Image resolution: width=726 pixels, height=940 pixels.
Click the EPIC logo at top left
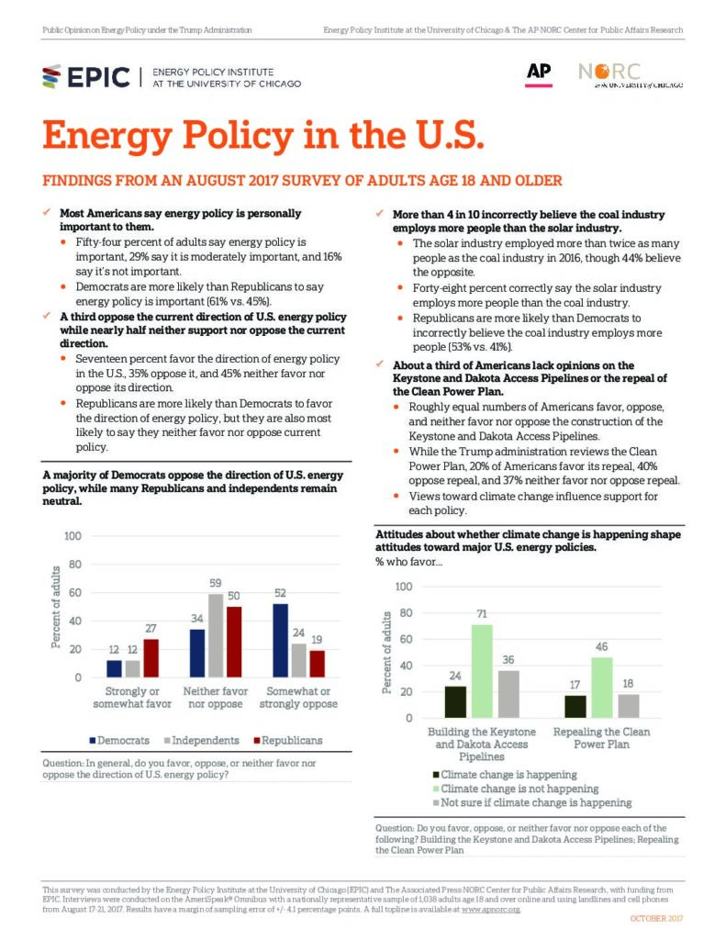click(x=85, y=77)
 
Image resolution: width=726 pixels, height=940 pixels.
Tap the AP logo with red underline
click(x=539, y=74)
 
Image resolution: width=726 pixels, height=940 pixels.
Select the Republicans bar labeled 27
click(x=151, y=658)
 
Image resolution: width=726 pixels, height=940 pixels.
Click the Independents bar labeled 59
click(x=215, y=635)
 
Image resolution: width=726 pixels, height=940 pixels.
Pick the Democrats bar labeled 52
click(x=280, y=640)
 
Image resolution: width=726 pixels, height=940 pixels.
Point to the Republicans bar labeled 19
click(x=318, y=664)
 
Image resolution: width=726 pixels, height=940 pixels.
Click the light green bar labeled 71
click(x=482, y=671)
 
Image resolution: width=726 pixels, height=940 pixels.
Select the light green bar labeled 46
click(x=602, y=688)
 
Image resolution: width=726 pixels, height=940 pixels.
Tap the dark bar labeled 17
click(x=575, y=707)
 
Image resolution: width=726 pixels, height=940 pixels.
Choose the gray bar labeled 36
click(x=508, y=694)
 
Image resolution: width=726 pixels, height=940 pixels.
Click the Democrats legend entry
click(x=119, y=741)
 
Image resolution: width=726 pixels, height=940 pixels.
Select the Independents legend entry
click(x=201, y=741)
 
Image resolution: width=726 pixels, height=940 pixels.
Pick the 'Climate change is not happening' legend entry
click(x=516, y=789)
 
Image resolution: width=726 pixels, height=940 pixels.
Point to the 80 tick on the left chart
click(x=75, y=565)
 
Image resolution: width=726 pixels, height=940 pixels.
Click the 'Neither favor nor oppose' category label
click(x=215, y=698)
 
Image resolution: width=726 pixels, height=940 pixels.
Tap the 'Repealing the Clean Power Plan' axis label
click(x=601, y=738)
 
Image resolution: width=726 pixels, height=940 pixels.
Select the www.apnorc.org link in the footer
click(x=490, y=910)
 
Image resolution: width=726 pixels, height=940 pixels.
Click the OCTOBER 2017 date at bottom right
click(x=656, y=918)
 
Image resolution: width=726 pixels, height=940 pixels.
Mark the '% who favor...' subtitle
click(x=408, y=562)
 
